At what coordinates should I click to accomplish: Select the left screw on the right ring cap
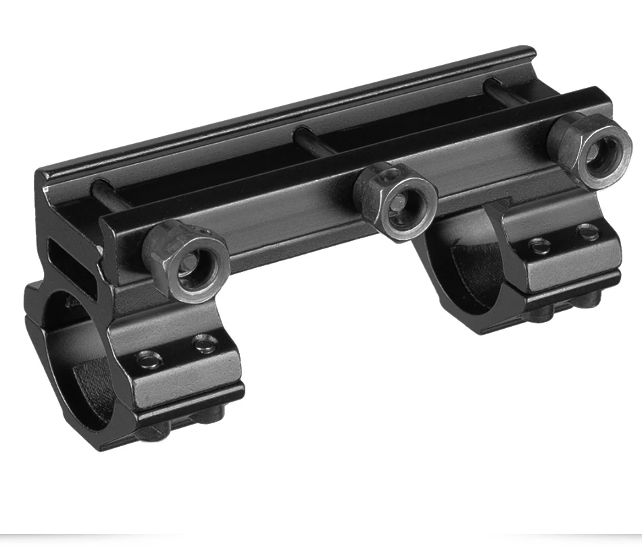[x=538, y=245]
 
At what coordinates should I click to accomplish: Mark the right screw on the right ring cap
[x=587, y=233]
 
